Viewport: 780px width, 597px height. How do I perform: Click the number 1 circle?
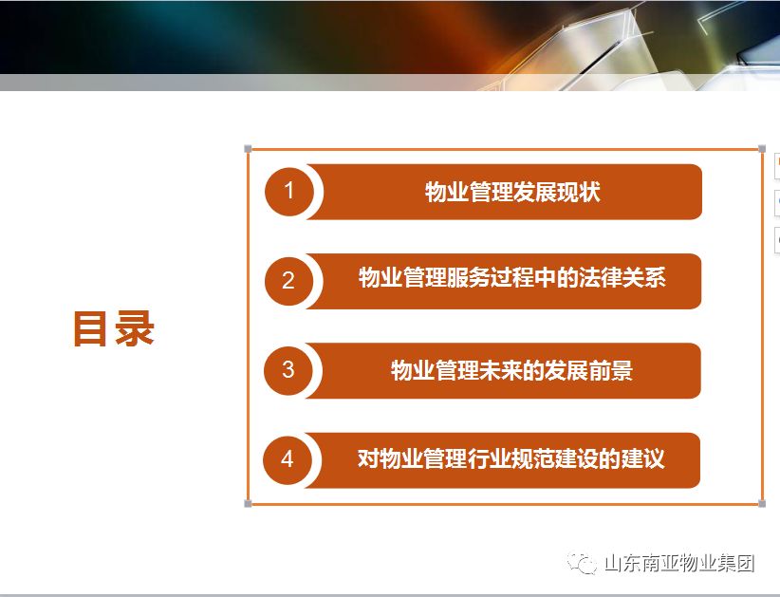tap(289, 192)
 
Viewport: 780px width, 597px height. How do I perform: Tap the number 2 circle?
tap(289, 281)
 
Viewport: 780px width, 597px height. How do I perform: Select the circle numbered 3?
tap(288, 370)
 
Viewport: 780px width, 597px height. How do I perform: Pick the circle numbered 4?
tap(288, 459)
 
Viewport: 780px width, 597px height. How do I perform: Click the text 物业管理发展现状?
tap(512, 192)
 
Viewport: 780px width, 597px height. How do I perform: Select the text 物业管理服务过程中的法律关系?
tap(511, 277)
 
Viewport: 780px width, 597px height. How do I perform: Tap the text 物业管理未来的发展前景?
tap(511, 370)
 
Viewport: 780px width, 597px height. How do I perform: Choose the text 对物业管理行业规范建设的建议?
tap(511, 458)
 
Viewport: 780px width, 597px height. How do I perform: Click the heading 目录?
tap(114, 328)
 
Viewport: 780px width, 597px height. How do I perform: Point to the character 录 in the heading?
tap(135, 328)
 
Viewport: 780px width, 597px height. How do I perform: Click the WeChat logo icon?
tap(582, 563)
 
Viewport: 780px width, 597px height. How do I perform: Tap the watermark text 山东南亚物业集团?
tap(679, 563)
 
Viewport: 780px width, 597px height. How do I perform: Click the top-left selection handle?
tap(249, 149)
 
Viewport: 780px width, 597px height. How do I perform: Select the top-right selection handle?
tap(762, 149)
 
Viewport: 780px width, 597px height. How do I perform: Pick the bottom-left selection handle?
tap(249, 503)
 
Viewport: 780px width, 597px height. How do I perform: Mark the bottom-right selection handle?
tap(762, 503)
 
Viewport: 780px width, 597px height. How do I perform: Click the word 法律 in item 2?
tap(600, 277)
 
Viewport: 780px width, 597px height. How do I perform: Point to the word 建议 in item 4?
tap(643, 458)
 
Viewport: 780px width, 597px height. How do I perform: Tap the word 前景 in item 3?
tap(611, 370)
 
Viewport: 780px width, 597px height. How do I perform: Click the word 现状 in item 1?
tap(579, 192)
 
